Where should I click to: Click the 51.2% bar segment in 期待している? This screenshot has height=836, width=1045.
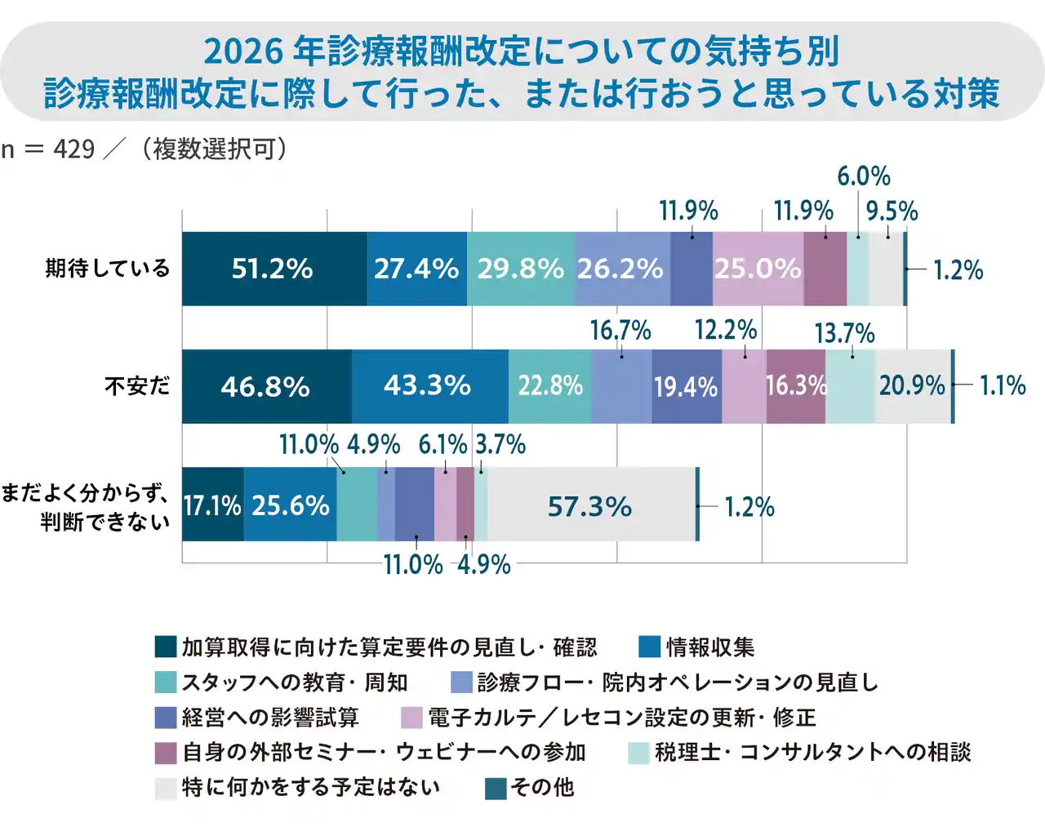(273, 269)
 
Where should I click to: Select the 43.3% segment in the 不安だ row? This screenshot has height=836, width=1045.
(429, 385)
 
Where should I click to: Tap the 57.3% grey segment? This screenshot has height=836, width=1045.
(590, 505)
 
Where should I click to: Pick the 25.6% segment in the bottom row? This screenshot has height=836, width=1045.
(291, 505)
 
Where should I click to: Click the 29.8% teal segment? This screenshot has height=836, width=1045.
(521, 269)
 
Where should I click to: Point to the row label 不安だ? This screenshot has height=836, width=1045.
(137, 385)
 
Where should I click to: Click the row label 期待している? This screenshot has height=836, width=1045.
(108, 269)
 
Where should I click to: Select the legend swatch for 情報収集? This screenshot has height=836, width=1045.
(649, 647)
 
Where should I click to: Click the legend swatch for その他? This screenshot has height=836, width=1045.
(496, 788)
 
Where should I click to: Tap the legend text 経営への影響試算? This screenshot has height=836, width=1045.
(270, 718)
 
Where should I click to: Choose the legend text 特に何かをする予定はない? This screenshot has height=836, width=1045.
(310, 788)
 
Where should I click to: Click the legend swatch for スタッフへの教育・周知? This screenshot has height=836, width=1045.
(166, 683)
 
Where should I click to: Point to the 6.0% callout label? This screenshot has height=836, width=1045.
(864, 176)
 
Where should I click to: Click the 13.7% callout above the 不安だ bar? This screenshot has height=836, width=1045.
(844, 333)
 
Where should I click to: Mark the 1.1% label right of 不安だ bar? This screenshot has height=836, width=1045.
(1003, 385)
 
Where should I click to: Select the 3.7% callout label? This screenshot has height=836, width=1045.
(500, 445)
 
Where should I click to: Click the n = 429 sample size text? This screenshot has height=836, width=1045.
(48, 149)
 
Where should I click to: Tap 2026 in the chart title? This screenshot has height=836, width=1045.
(242, 51)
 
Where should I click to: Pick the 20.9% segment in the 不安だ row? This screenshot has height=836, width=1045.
(912, 385)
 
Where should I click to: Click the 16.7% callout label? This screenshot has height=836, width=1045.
(620, 331)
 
